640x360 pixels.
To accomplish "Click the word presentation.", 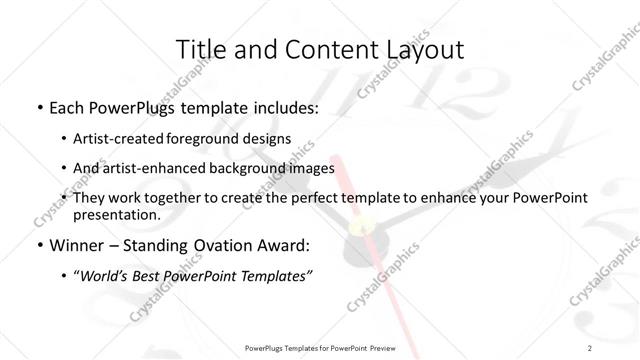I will pos(117,214).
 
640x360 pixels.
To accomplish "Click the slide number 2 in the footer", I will pos(591,348).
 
